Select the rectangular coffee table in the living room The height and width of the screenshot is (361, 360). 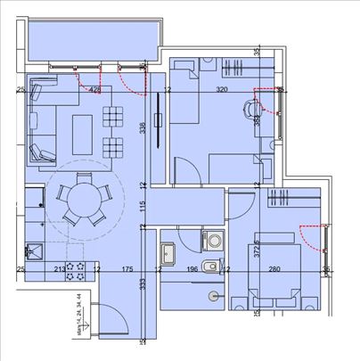pyautogui.click(x=82, y=134)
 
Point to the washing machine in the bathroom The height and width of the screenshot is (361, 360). pyautogui.click(x=214, y=240)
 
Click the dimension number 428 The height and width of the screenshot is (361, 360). pyautogui.click(x=94, y=90)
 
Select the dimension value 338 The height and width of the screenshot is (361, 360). pyautogui.click(x=143, y=127)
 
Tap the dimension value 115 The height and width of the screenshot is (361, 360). pyautogui.click(x=143, y=206)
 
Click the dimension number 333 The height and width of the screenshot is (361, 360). pyautogui.click(x=143, y=284)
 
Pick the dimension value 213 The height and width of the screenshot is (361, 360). pyautogui.click(x=59, y=267)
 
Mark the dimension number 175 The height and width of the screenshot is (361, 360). pyautogui.click(x=127, y=267)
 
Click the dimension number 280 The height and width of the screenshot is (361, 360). pyautogui.click(x=274, y=267)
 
